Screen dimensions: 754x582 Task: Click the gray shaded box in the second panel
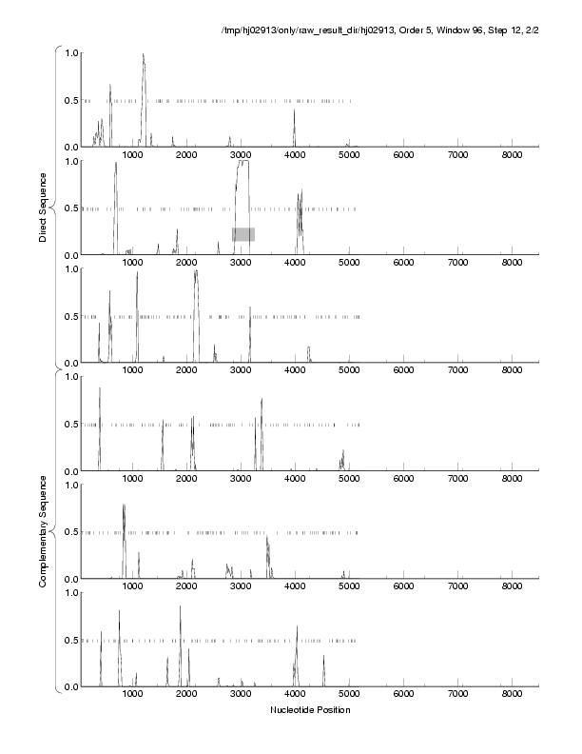click(x=243, y=234)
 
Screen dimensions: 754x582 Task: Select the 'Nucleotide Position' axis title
click(x=310, y=709)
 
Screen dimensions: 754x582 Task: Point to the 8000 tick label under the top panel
click(x=514, y=155)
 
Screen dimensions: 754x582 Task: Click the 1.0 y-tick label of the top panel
click(x=68, y=52)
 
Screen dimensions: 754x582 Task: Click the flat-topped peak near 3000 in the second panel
click(x=243, y=164)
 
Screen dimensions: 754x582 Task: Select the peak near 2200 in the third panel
click(x=196, y=273)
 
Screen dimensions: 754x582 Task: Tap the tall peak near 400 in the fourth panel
click(x=100, y=388)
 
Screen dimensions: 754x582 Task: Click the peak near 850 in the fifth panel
click(x=124, y=506)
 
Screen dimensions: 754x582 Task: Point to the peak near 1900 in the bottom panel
click(x=180, y=607)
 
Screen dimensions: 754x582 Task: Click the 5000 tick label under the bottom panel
click(x=350, y=695)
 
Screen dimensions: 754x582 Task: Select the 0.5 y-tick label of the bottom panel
click(x=68, y=641)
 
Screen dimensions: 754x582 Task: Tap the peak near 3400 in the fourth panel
click(x=262, y=400)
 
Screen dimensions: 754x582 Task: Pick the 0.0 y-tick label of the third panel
click(x=68, y=364)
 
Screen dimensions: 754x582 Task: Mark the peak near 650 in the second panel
click(x=116, y=164)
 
